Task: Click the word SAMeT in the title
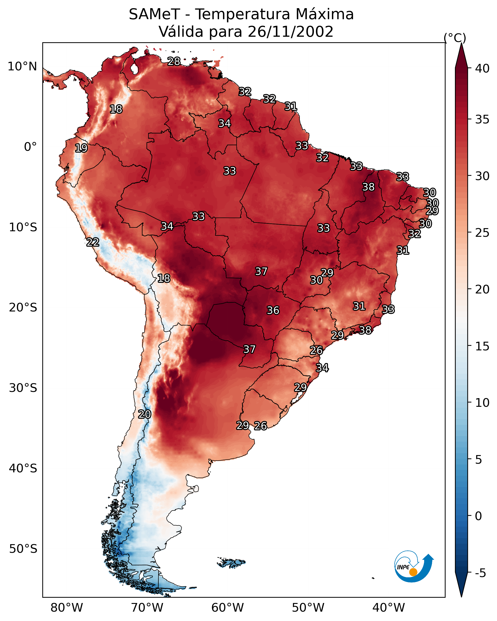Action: coord(154,14)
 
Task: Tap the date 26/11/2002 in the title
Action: coord(290,32)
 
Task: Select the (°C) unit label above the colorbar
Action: coord(455,38)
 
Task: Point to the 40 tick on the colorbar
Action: coord(482,68)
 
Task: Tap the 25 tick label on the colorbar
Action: coord(482,233)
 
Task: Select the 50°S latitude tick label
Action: coord(23,549)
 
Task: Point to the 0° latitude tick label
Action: coord(31,147)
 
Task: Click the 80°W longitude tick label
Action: coord(67,608)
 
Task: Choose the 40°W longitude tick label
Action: coord(389,608)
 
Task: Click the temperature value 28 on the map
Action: coord(174,61)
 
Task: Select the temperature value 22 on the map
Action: coord(93,242)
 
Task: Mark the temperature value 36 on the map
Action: coord(273,310)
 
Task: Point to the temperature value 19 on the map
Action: coord(81,148)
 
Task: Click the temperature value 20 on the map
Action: coord(145,414)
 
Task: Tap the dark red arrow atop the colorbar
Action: coord(461,55)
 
